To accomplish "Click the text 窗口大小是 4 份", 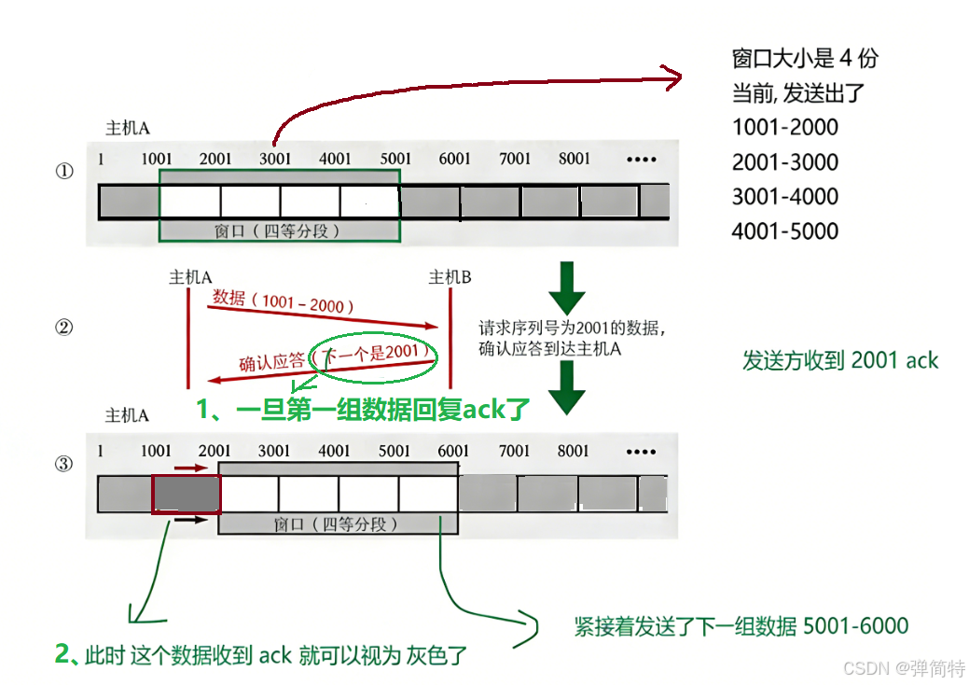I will pos(805,59).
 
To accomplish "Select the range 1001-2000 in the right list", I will pos(784,128).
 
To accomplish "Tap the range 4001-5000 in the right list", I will pos(784,231).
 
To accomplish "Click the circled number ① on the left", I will pos(64,172).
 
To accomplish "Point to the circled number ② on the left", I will pos(64,328).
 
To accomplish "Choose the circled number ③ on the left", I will pos(64,464).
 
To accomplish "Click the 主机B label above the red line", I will pos(450,277).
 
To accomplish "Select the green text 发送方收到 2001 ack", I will pos(839,361).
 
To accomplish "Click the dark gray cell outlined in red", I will pos(187,494).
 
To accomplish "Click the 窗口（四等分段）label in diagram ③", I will pos(337,524).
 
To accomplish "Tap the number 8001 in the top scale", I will pos(574,159).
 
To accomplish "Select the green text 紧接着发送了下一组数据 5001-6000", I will pos(741,625).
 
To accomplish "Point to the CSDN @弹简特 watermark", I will pos(903,668).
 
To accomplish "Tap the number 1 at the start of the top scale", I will pos(101,159).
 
